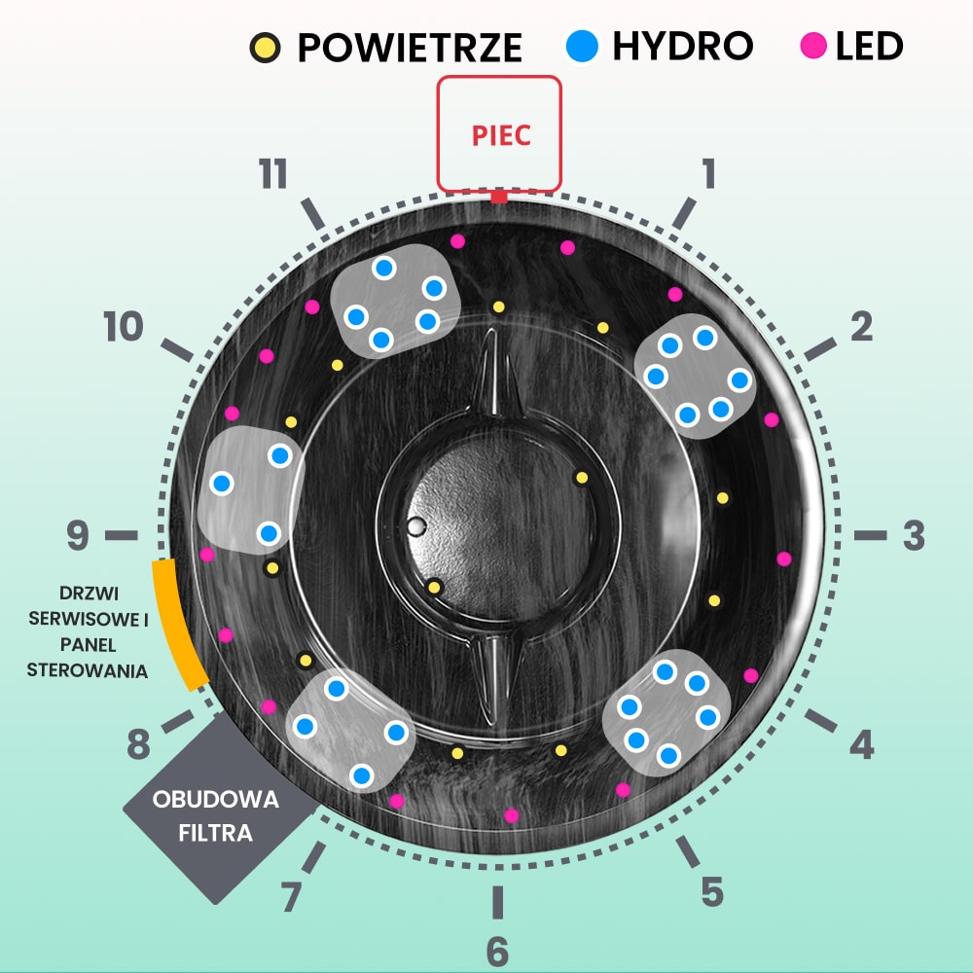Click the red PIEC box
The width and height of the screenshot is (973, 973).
499,133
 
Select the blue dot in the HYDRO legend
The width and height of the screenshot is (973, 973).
582,46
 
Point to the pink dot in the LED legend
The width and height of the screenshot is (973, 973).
813,46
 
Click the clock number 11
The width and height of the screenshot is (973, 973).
273,175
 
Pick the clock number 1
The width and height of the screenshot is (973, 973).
708,173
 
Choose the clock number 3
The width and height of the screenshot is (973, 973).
913,535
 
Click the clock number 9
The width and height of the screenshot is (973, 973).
78,534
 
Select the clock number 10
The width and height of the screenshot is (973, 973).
124,328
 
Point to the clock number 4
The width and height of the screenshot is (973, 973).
861,745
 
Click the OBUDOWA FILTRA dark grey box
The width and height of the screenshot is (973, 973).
216,815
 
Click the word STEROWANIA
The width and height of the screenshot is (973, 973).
87,669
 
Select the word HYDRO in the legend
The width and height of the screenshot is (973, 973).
683,45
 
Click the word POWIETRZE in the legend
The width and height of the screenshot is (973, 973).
410,47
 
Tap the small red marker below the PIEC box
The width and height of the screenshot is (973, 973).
499,198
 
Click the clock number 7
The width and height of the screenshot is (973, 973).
290,898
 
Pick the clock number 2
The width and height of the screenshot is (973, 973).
861,328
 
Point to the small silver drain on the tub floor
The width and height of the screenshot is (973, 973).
417,527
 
